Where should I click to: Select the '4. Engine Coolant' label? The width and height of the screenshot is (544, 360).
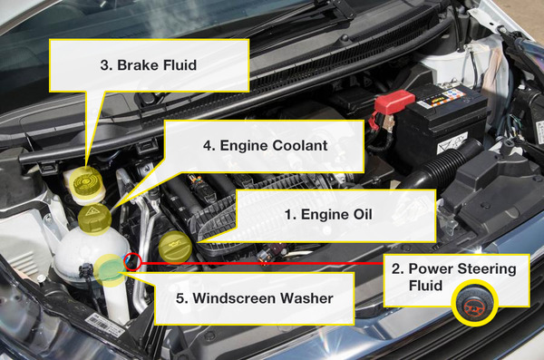(264, 144)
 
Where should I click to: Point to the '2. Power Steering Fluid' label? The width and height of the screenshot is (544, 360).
(461, 276)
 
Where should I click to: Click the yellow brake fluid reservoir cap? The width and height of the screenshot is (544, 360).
(84, 180)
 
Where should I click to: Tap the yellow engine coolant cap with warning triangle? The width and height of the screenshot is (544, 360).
(93, 218)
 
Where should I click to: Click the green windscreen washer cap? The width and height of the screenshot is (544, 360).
(110, 268)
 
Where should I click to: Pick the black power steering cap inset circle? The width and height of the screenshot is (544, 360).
(471, 305)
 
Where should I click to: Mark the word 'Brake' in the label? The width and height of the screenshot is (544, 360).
(135, 64)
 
